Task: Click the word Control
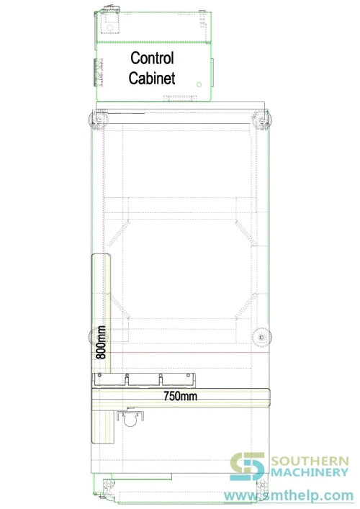(152, 58)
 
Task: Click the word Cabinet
(152, 78)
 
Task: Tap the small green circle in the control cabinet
(199, 84)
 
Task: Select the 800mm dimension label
(101, 342)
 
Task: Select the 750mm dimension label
(180, 396)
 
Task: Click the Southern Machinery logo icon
(248, 467)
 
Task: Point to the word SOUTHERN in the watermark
(310, 461)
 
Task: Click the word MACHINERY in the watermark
(310, 472)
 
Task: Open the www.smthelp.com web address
(289, 496)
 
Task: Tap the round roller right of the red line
(261, 337)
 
